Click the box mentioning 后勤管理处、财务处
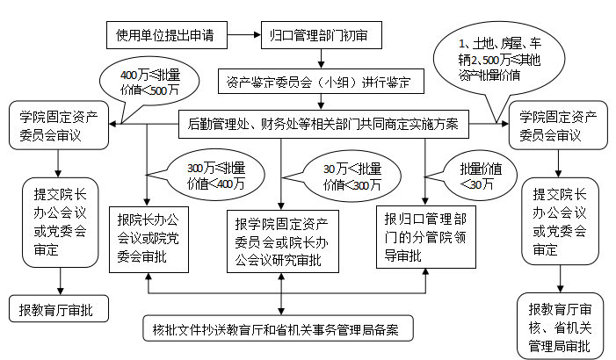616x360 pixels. [322, 124]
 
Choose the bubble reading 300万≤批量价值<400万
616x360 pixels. [216, 176]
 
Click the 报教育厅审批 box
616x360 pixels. [57, 310]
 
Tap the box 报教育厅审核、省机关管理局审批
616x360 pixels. [559, 326]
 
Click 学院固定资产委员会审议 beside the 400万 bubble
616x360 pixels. [58, 125]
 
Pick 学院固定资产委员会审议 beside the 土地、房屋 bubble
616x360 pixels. [558, 125]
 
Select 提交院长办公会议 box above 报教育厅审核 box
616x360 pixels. [560, 222]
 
